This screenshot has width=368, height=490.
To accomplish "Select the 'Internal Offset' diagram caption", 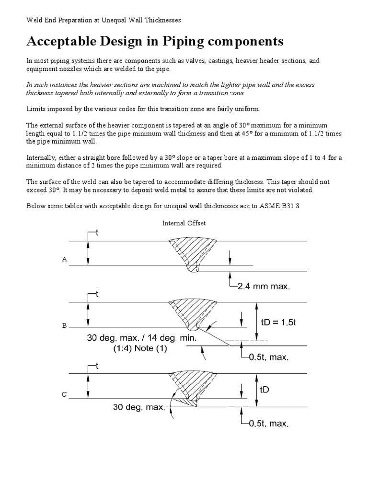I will click(x=184, y=223).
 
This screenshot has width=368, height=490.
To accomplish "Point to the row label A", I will click(x=64, y=259).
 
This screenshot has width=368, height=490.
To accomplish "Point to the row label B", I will click(x=64, y=326).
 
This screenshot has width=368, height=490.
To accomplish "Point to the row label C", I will click(x=64, y=395).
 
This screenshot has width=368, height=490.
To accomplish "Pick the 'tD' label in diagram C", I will click(x=265, y=390).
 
